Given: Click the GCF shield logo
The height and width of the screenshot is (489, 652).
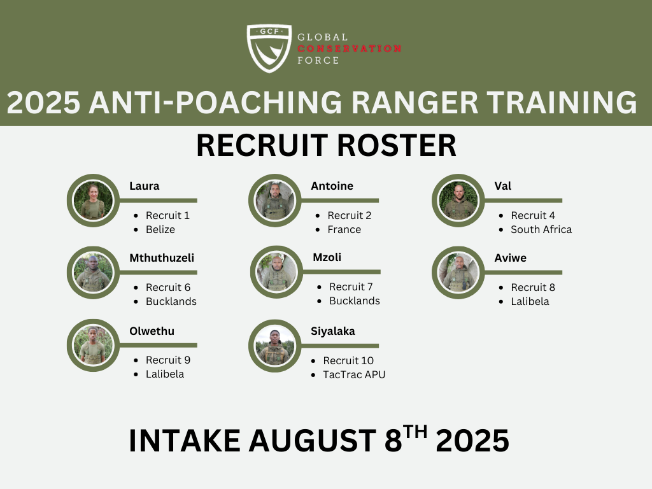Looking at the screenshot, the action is (x=269, y=48).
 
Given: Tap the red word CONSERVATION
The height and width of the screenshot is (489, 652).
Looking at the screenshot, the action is (x=350, y=48).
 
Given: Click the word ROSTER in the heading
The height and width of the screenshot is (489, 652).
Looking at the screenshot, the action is (x=397, y=146).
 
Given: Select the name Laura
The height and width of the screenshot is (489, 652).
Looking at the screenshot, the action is (x=145, y=186).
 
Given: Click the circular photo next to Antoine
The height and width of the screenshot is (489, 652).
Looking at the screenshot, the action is (x=275, y=201).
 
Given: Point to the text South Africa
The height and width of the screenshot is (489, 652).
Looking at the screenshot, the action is (x=541, y=229).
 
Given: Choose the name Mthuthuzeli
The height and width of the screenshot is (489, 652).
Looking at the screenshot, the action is (x=162, y=258).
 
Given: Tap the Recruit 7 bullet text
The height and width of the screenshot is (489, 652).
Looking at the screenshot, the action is (x=351, y=287).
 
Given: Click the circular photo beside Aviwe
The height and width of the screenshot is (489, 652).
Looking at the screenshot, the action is (x=458, y=273).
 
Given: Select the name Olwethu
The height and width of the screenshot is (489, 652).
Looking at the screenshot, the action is (x=152, y=331).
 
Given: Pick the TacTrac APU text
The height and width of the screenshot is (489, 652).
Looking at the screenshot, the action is (x=354, y=374).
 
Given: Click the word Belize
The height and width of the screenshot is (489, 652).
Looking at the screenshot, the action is (x=160, y=229).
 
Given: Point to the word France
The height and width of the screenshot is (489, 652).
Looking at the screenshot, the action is (x=344, y=229).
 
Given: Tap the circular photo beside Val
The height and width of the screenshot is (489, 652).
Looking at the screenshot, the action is (x=458, y=201).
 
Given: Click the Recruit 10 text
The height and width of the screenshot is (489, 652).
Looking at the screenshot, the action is (x=348, y=360).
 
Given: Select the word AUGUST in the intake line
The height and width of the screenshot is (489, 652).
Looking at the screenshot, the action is (x=313, y=441).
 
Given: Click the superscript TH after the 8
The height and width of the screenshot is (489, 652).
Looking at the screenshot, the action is (x=415, y=432).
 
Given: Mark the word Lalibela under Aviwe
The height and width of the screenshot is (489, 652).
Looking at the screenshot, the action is (x=530, y=301).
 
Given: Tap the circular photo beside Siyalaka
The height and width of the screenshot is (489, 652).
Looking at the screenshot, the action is (x=275, y=346).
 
